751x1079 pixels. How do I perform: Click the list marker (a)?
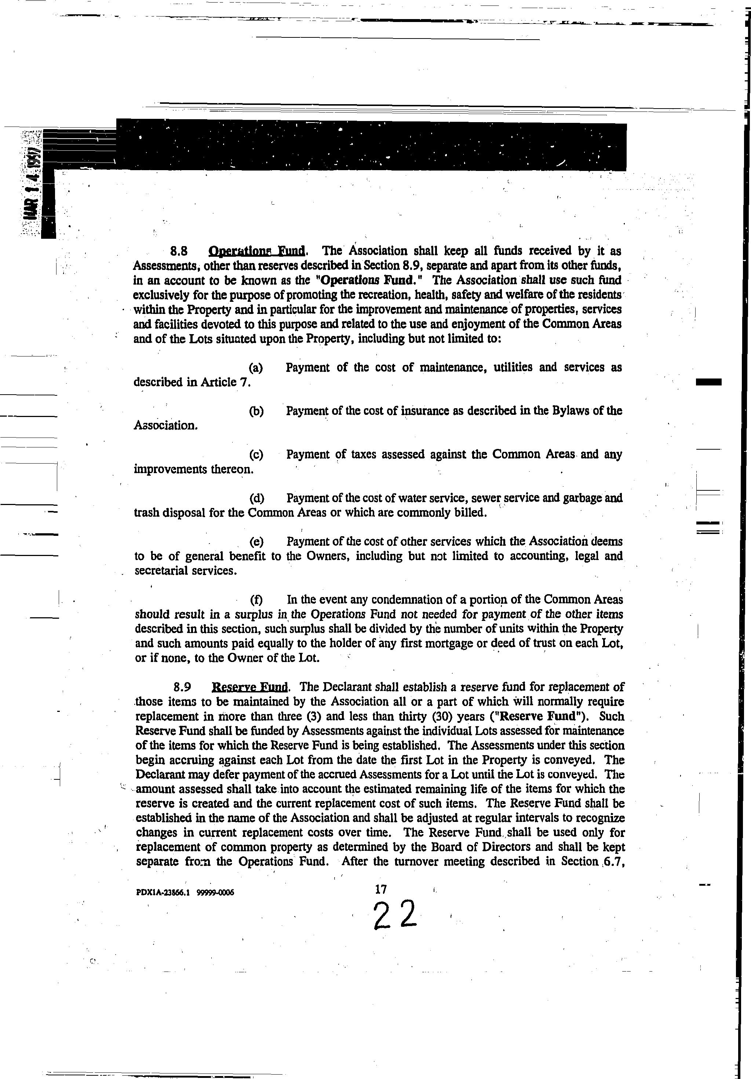(x=256, y=367)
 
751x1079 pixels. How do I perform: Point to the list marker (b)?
(x=256, y=411)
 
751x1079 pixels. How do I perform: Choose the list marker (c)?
(x=256, y=454)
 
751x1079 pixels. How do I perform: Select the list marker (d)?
(x=256, y=498)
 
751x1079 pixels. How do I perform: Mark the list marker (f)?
(x=256, y=600)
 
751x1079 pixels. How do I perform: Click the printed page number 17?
(x=381, y=889)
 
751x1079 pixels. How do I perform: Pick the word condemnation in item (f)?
(x=405, y=600)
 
